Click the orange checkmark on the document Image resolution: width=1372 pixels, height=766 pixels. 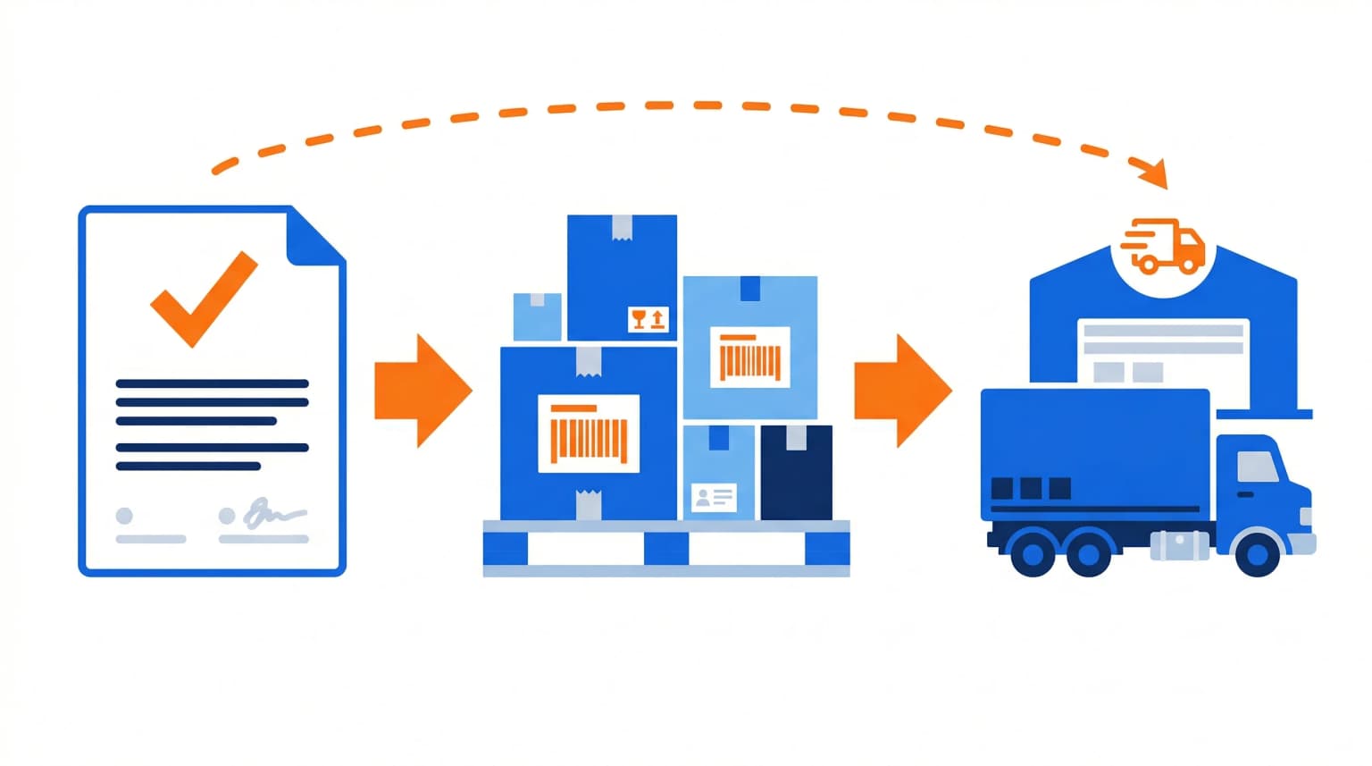click(201, 299)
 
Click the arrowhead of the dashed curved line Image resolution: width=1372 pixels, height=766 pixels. click(1154, 172)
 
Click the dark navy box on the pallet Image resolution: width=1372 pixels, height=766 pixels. click(796, 474)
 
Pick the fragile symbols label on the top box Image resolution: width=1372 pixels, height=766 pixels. click(648, 319)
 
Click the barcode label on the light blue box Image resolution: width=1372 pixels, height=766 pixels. click(749, 358)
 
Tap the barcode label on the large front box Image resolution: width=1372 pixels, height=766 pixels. click(589, 434)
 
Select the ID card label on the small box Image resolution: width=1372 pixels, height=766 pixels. click(714, 497)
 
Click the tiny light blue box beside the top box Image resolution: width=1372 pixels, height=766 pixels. click(538, 316)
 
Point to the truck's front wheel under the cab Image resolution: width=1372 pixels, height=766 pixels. click(1257, 554)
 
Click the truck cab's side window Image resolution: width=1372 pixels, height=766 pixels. click(1257, 467)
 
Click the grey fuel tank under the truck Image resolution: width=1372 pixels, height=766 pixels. click(1179, 544)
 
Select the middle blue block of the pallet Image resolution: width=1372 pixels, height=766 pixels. click(665, 549)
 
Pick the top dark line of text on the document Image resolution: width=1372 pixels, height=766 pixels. click(212, 383)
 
